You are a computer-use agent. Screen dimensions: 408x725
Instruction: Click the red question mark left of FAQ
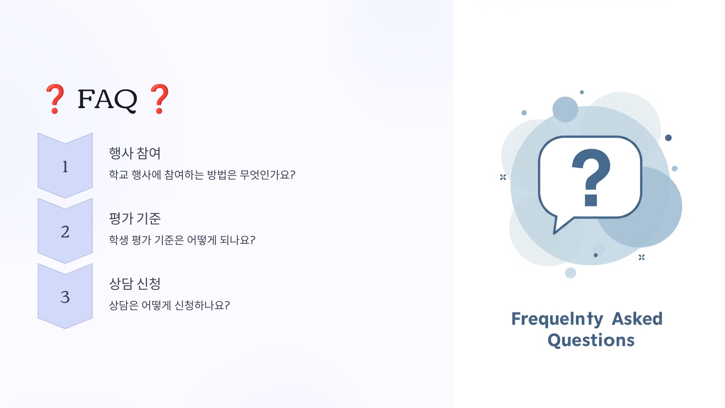(x=55, y=99)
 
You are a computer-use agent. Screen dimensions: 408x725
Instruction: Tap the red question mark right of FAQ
(x=159, y=99)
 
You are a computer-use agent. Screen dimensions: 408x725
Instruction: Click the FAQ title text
(x=107, y=99)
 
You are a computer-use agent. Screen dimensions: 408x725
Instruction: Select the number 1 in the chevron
(x=65, y=167)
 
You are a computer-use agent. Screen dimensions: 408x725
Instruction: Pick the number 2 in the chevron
(x=65, y=232)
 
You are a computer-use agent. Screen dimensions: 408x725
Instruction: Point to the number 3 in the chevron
(x=65, y=297)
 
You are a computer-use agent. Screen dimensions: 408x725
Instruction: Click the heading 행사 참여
(x=135, y=153)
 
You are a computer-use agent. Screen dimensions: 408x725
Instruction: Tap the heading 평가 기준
(x=135, y=218)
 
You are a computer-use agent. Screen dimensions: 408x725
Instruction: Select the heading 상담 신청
(x=135, y=283)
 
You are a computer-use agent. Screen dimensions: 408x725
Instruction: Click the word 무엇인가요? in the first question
(x=267, y=175)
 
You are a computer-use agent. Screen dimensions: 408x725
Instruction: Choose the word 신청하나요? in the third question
(x=202, y=305)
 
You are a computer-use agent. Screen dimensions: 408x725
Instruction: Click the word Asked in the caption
(x=637, y=319)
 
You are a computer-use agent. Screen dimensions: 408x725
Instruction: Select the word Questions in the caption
(x=591, y=340)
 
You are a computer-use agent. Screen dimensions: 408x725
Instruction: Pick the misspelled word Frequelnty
(x=557, y=319)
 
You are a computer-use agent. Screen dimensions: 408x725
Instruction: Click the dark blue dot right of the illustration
(x=668, y=138)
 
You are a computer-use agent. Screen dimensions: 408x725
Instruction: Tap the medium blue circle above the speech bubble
(x=565, y=109)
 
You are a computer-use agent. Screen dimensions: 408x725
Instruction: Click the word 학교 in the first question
(x=119, y=175)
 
